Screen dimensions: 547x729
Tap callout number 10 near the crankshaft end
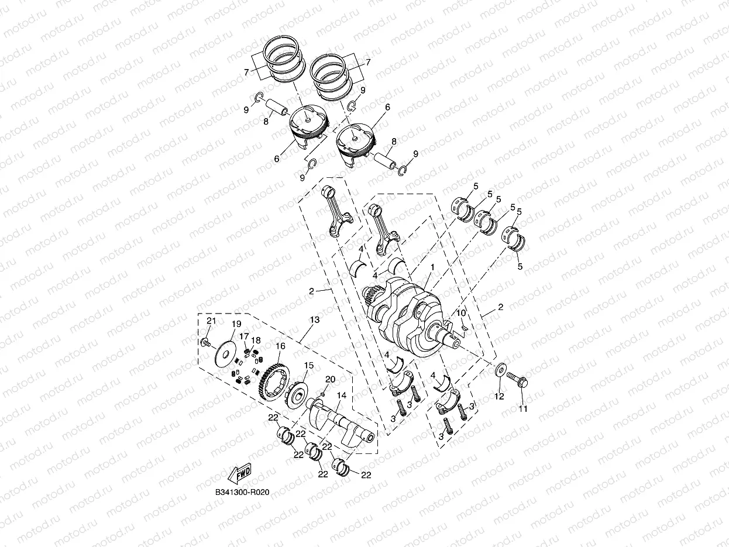tap(461, 314)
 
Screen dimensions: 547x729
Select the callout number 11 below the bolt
tap(523, 409)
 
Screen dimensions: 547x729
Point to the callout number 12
tap(498, 397)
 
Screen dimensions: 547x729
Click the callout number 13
tap(315, 320)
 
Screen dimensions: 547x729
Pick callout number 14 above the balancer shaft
tap(341, 395)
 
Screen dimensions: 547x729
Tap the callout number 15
tap(309, 366)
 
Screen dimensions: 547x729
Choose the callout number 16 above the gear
tap(280, 346)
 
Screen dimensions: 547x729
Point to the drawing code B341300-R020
tap(242, 493)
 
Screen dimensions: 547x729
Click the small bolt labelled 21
tap(205, 343)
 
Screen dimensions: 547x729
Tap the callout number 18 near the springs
tap(256, 340)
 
